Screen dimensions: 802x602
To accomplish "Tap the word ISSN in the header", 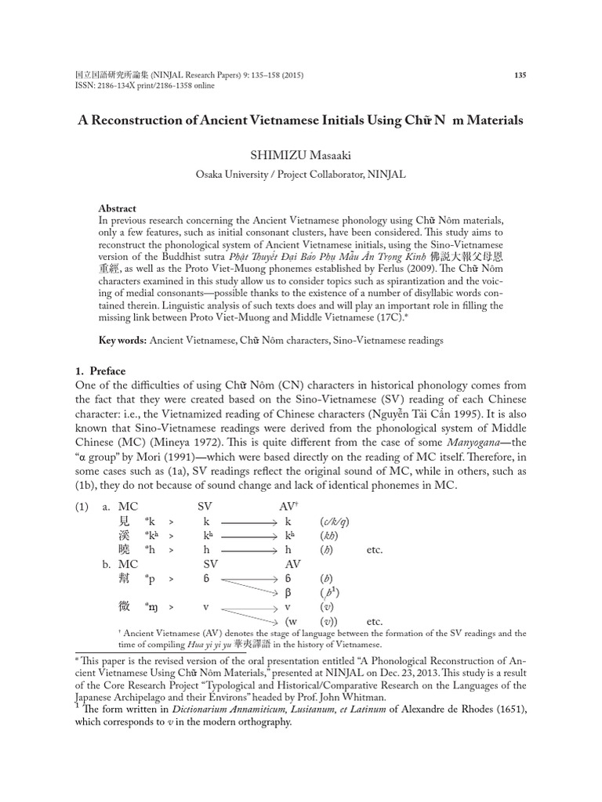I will pyautogui.click(x=85, y=87).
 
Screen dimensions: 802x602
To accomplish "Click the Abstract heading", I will pyautogui.click(x=117, y=209).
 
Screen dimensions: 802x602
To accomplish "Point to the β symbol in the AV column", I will pyautogui.click(x=288, y=592).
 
